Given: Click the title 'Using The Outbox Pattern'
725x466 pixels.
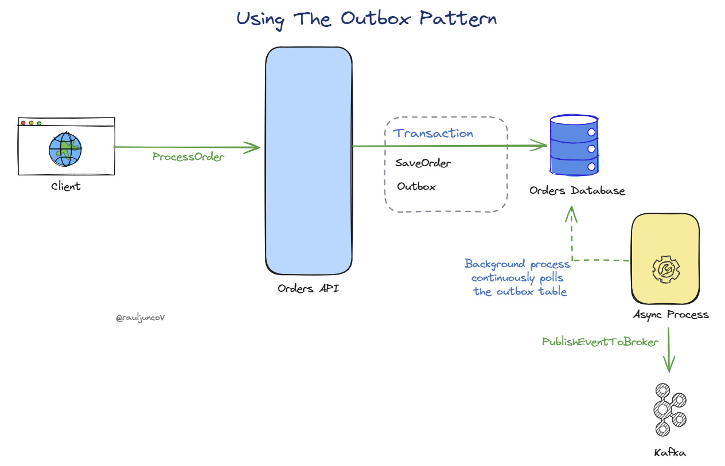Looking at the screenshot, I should (x=367, y=18).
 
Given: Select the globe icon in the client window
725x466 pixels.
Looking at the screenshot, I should (x=65, y=149).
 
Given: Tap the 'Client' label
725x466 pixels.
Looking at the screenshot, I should (x=66, y=186).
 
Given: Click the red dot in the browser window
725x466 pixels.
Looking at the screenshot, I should (x=24, y=123).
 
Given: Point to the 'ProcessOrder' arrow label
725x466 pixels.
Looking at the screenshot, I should (x=188, y=156).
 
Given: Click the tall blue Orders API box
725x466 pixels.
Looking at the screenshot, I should (x=308, y=160).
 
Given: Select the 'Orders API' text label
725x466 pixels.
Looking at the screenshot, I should (x=308, y=288).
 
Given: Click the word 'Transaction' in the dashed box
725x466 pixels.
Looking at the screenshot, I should (x=433, y=134).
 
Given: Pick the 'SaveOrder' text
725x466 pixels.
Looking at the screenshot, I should (x=423, y=163).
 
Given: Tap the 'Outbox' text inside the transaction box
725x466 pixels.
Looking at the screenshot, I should (x=416, y=186).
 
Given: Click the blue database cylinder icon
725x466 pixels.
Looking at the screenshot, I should (x=574, y=146).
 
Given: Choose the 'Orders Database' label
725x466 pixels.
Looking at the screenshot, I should (x=577, y=190).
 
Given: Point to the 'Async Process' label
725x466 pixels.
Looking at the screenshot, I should (x=671, y=314).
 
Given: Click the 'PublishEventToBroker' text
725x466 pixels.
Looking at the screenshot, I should (x=600, y=342).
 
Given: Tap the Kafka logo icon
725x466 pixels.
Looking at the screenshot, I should (x=669, y=410).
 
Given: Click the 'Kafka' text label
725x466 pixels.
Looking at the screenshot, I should (x=669, y=452).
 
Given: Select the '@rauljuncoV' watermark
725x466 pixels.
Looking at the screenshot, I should (x=141, y=318).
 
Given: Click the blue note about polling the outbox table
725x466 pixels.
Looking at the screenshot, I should (x=518, y=277).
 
